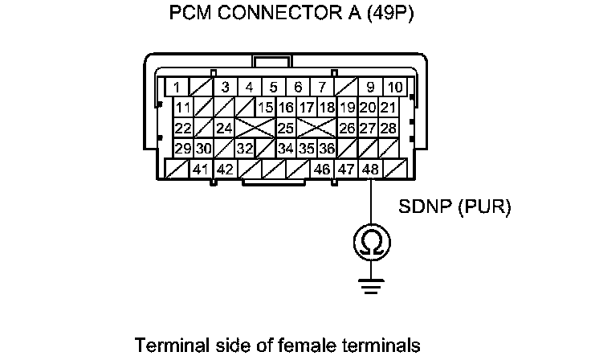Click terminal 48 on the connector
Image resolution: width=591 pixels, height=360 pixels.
(x=370, y=170)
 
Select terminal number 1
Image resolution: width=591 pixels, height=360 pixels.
(x=176, y=87)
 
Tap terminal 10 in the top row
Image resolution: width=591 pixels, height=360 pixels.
(x=394, y=87)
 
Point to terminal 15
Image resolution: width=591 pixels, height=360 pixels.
(x=266, y=108)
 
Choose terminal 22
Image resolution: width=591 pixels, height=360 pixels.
(x=183, y=129)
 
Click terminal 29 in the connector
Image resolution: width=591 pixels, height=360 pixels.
(x=183, y=149)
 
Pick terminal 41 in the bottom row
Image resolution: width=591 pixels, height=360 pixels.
(x=200, y=170)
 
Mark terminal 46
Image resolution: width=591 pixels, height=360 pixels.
(x=322, y=170)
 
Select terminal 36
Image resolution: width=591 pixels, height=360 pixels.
(x=326, y=149)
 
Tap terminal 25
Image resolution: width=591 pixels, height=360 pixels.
(x=285, y=129)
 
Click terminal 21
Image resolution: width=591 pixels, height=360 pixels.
(x=389, y=108)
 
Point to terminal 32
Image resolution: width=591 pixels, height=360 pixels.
(x=244, y=149)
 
